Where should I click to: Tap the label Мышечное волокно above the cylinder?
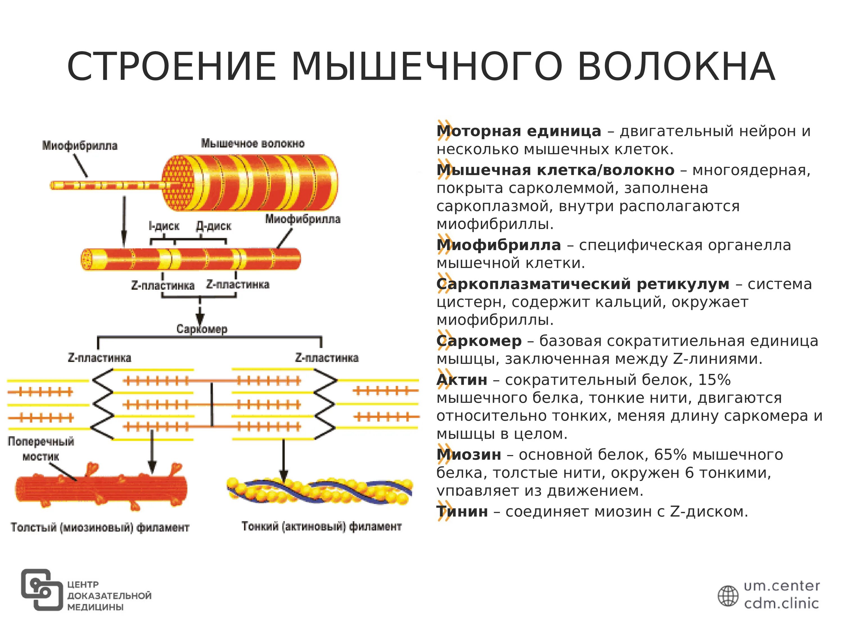253,144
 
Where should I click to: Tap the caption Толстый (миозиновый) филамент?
100,527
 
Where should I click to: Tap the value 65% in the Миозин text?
670,455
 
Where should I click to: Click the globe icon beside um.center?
728,596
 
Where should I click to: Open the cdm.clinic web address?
781,603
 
